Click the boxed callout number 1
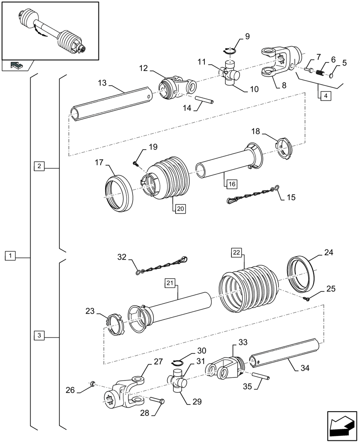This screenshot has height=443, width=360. pyautogui.click(x=11, y=256)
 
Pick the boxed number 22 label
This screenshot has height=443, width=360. pyautogui.click(x=236, y=253)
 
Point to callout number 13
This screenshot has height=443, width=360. pyautogui.click(x=102, y=83)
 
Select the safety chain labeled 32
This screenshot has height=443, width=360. pyautogui.click(x=162, y=267)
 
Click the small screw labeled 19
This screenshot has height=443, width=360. pyautogui.click(x=136, y=164)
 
